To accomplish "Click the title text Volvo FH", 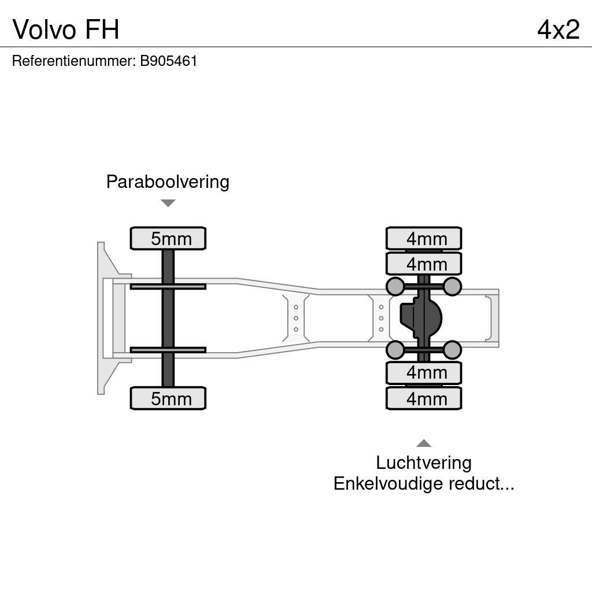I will point(66,29).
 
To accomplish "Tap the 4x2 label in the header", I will point(558,29).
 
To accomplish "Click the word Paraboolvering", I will point(168,182).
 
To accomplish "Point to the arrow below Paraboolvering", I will point(168,203).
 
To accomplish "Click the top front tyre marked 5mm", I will point(168,239).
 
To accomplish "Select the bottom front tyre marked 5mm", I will point(168,398).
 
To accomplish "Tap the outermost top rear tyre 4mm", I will point(424,238).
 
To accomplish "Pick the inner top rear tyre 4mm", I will point(424,264).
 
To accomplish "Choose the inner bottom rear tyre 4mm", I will point(424,373).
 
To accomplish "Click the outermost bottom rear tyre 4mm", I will point(424,398).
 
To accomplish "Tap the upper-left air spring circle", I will point(395,286).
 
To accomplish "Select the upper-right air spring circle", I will point(452,286).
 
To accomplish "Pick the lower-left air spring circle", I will point(395,350).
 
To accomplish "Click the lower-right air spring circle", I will point(452,350).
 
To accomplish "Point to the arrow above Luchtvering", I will point(424,443).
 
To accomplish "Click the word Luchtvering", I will point(424,463).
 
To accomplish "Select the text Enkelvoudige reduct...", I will point(424,484).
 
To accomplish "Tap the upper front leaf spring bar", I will point(168,286).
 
